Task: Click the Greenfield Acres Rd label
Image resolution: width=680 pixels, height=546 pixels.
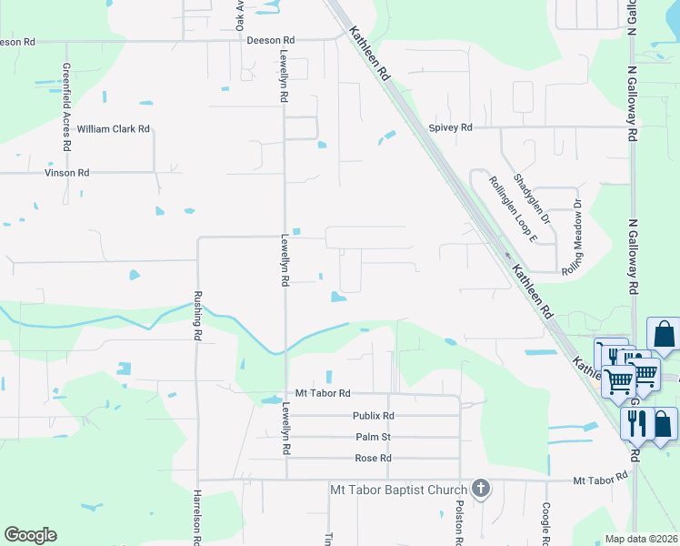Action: click(x=66, y=107)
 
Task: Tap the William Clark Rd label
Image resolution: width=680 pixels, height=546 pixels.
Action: click(x=113, y=129)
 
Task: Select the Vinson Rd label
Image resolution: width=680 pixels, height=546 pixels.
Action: click(x=67, y=172)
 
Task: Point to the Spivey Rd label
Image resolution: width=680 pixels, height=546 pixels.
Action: click(x=451, y=127)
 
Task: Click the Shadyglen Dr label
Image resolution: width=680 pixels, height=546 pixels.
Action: click(x=532, y=199)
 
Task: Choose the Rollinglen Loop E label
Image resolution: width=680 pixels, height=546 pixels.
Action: click(x=509, y=209)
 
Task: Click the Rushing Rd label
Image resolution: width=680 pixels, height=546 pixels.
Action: click(x=196, y=316)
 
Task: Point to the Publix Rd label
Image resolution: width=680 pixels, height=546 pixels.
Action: click(x=373, y=416)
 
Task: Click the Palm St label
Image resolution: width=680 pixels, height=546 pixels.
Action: click(x=373, y=437)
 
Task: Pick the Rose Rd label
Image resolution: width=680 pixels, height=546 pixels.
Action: click(x=373, y=459)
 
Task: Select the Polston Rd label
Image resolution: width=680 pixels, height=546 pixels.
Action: click(x=460, y=523)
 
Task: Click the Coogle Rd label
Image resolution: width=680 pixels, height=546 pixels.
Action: click(x=546, y=524)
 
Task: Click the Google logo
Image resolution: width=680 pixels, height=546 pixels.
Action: click(x=30, y=535)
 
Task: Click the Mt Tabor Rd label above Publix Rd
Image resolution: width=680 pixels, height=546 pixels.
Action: click(x=323, y=393)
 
